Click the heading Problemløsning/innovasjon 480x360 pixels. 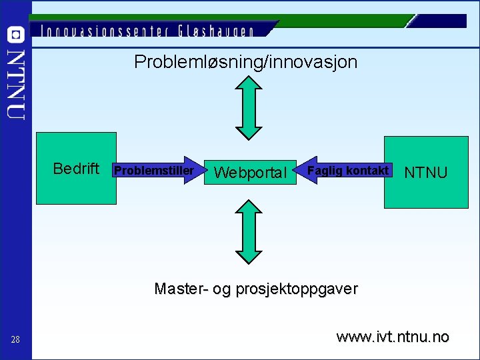pyautogui.click(x=245, y=63)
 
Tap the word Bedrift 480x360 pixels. pyautogui.click(x=76, y=169)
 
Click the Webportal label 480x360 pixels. pyautogui.click(x=251, y=173)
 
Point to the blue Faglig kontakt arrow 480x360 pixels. pyautogui.click(x=343, y=171)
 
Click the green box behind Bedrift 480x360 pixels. pyautogui.click(x=75, y=190)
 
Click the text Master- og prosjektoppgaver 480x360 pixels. pyautogui.click(x=255, y=289)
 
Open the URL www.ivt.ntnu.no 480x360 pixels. pyautogui.click(x=393, y=337)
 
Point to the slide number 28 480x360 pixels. pyautogui.click(x=15, y=341)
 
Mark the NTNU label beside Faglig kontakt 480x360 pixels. pyautogui.click(x=425, y=173)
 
